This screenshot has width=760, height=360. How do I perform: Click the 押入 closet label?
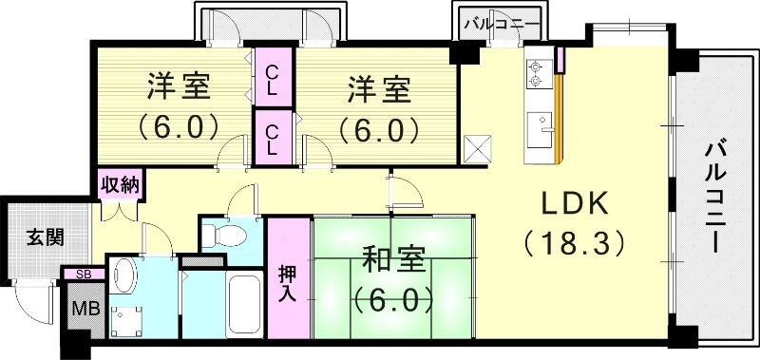(288, 281)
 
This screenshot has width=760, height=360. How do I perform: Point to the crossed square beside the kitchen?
(478, 149)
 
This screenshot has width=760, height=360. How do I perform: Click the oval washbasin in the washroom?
(123, 276)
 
